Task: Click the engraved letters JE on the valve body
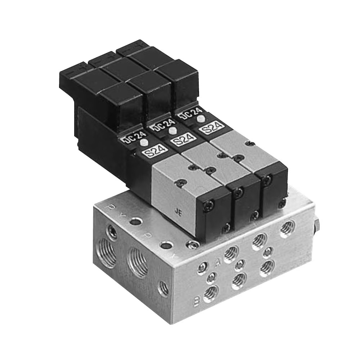point(178,212)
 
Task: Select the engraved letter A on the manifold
point(217,262)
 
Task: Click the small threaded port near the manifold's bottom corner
point(163,288)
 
